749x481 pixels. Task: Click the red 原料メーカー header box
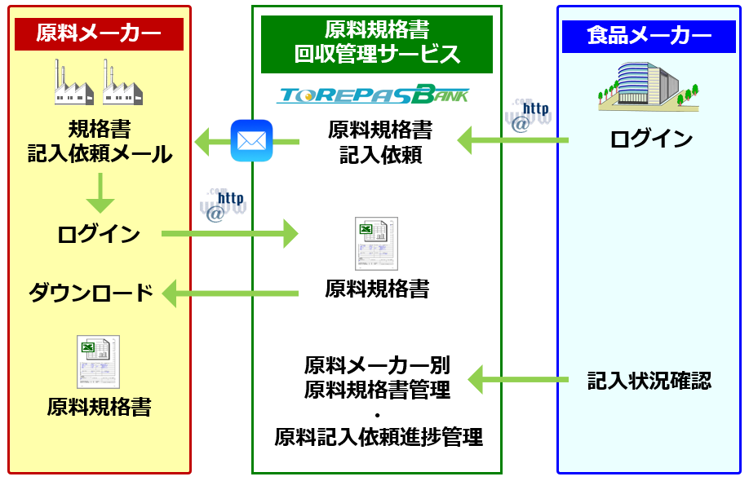point(99,34)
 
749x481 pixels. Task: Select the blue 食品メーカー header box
point(649,36)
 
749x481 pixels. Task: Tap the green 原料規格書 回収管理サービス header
point(377,43)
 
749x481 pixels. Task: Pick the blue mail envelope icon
point(250,141)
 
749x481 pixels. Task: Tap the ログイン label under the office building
point(651,139)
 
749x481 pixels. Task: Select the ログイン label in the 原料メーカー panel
point(99,235)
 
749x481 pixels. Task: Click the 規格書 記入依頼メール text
point(100,142)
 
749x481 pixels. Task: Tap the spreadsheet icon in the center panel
point(376,243)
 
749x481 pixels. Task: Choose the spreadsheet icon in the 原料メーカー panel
point(99,361)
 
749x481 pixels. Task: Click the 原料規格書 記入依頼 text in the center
point(380,142)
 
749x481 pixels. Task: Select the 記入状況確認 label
point(649,380)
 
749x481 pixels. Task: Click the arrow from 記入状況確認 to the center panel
point(518,379)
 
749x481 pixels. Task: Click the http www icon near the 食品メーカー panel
point(530,114)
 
